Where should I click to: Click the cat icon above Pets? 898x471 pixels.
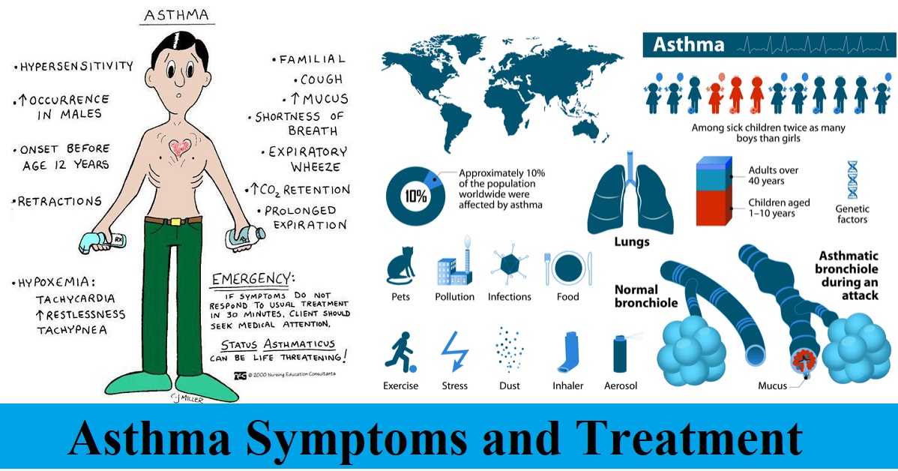(401, 265)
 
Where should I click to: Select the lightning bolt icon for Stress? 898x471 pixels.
(455, 352)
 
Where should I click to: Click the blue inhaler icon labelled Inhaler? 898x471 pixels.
(567, 352)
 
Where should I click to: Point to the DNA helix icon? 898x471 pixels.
(853, 180)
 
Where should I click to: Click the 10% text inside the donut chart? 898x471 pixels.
(416, 196)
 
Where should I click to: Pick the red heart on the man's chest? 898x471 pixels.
(180, 147)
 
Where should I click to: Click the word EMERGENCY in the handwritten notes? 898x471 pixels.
(252, 279)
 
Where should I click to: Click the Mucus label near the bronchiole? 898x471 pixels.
(773, 385)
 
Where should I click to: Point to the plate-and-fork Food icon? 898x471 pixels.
(567, 268)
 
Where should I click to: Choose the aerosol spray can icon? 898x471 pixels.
(622, 353)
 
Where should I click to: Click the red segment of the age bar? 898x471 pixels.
(713, 208)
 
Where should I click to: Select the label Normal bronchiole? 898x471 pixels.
(646, 296)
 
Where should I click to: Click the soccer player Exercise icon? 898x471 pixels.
(400, 352)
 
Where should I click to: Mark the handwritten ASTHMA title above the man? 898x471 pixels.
(177, 16)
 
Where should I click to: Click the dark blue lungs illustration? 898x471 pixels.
(630, 193)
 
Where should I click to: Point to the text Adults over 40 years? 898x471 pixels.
(773, 175)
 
